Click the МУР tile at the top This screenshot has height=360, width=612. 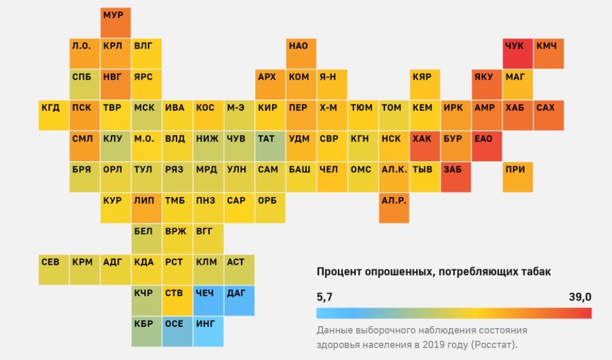(116, 22)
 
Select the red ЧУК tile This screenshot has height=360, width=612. (518, 54)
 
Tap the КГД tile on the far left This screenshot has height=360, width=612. (54, 115)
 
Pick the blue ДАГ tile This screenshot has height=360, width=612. (239, 301)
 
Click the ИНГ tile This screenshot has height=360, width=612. (208, 331)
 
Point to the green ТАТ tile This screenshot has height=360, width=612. (270, 146)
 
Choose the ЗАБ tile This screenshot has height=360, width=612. (456, 177)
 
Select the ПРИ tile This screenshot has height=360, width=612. (518, 177)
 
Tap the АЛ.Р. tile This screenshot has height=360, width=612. (394, 208)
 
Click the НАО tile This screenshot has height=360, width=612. (301, 54)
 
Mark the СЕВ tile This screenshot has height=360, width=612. (54, 270)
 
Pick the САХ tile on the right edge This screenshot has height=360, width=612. (548, 115)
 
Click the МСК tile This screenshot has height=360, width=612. (147, 115)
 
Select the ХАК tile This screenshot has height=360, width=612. (425, 146)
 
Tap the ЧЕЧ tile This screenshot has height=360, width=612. (208, 301)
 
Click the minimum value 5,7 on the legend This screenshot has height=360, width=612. (324, 297)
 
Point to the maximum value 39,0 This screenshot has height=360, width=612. (580, 297)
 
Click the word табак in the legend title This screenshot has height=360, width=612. (535, 272)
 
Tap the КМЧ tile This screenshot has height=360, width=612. (548, 54)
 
